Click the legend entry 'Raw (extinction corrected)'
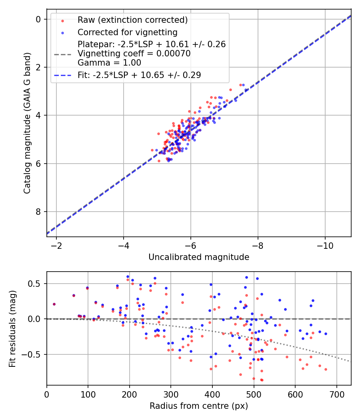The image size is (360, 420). pyautogui.click(x=132, y=20)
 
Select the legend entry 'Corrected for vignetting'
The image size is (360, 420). pyautogui.click(x=128, y=32)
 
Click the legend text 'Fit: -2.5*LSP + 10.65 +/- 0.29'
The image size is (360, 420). pyautogui.click(x=139, y=75)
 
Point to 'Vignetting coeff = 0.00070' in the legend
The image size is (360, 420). pyautogui.click(x=134, y=54)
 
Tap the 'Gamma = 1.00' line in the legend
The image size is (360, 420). pyautogui.click(x=109, y=62)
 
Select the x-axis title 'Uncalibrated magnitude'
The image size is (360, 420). pyautogui.click(x=199, y=257)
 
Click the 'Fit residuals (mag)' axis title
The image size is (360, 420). pyautogui.click(x=12, y=328)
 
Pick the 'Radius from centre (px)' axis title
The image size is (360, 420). pyautogui.click(x=199, y=406)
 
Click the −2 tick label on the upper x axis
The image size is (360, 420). pyautogui.click(x=56, y=245)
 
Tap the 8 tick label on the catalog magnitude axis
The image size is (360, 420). pyautogui.click(x=38, y=212)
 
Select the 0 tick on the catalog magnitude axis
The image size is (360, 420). pyautogui.click(x=38, y=19)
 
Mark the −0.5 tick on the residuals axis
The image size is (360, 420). pyautogui.click(x=34, y=354)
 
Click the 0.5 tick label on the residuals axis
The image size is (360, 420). pyautogui.click(x=36, y=284)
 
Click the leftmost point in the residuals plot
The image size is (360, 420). pyautogui.click(x=54, y=304)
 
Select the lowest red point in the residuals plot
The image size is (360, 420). pyautogui.click(x=262, y=380)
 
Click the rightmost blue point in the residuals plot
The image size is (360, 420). pyautogui.click(x=326, y=334)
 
